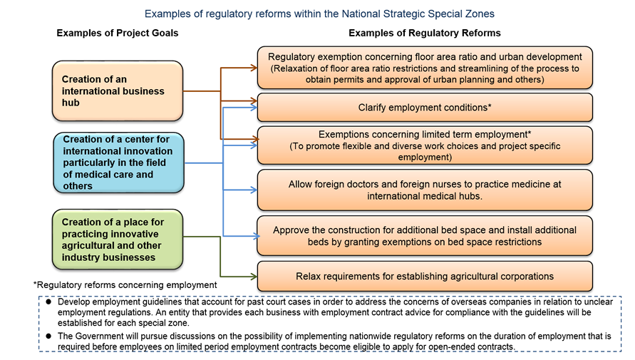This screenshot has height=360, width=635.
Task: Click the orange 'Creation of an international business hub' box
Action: coord(118,91)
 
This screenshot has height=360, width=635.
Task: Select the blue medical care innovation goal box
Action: coord(118,162)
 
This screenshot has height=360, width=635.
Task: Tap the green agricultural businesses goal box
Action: coord(118,239)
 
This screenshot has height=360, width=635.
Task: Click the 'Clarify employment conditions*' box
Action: coord(425,108)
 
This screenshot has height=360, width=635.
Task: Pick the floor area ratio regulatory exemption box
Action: coord(425,68)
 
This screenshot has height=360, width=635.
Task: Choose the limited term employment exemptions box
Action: coord(425,145)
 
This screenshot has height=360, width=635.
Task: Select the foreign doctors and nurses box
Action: coord(425,190)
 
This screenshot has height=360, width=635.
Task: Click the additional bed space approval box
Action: coord(425,236)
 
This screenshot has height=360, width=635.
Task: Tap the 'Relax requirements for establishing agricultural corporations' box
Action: coord(425,276)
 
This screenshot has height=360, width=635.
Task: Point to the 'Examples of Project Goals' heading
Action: coord(118,33)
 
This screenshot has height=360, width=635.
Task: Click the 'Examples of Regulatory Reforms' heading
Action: coord(424,33)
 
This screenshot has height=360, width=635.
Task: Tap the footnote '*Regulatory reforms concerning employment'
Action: coord(125,284)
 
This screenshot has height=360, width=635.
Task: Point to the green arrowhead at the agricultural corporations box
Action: coord(254,276)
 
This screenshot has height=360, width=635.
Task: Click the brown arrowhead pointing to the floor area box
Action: coord(254,68)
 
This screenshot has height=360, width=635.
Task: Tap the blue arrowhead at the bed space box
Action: coord(254,236)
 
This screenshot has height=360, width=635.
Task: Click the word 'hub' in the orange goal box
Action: coord(71,103)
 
